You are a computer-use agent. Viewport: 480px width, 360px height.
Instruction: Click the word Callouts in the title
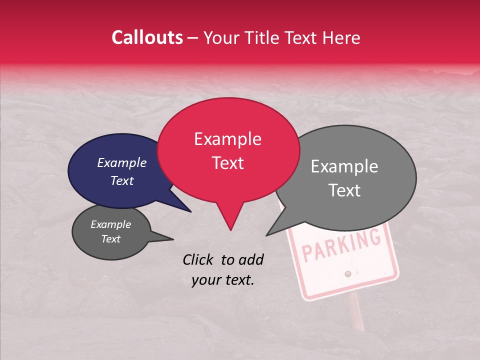(147, 37)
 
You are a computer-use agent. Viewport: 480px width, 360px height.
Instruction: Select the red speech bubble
(228, 150)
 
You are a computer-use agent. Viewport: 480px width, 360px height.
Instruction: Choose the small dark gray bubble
(110, 232)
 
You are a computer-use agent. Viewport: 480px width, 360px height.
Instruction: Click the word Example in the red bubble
(228, 139)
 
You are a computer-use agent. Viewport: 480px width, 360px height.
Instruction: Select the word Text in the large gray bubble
(345, 190)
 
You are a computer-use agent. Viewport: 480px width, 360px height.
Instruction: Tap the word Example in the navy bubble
(122, 163)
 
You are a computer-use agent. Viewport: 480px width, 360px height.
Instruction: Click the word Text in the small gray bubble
(110, 239)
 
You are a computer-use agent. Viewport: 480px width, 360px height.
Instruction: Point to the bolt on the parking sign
(347, 273)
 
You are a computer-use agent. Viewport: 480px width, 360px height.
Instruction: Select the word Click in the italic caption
(199, 259)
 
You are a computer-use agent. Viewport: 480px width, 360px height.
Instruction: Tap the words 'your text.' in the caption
(223, 280)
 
